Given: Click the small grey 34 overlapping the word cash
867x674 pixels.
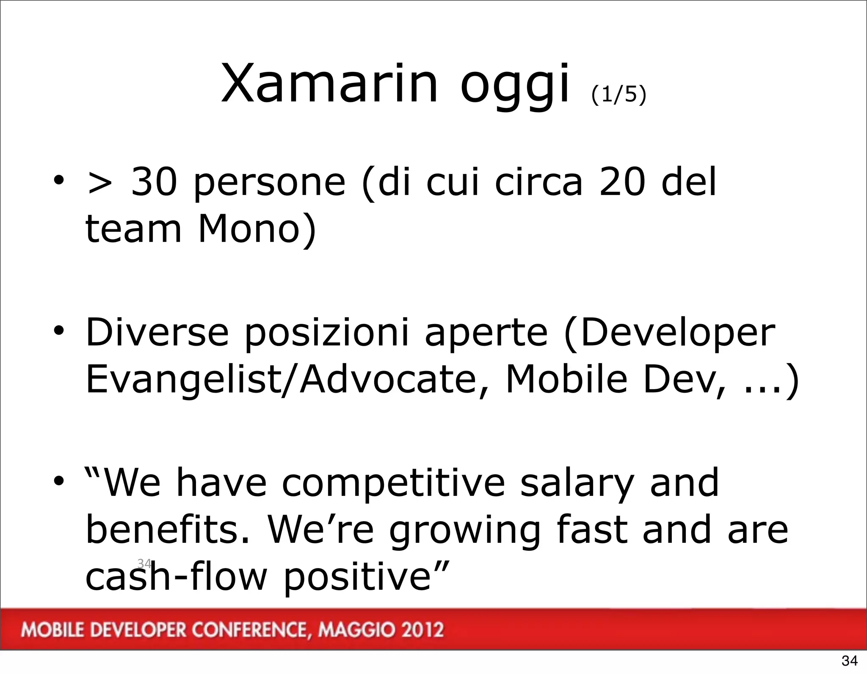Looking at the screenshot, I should [144, 563].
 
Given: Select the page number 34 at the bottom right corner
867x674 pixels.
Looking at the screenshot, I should [849, 660].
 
